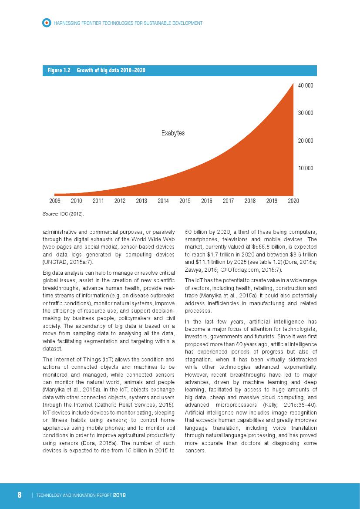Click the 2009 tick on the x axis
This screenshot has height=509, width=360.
(55, 201)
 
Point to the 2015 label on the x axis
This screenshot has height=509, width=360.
(185, 201)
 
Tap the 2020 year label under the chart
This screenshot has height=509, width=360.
(293, 201)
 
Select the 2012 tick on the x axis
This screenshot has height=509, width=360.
(120, 201)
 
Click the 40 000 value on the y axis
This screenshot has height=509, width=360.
(306, 86)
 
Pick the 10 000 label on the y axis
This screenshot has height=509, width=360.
(306, 168)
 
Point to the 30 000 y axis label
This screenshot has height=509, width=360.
(306, 113)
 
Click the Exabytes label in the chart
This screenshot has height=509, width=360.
(173, 133)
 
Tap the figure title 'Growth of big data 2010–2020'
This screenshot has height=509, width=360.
(111, 71)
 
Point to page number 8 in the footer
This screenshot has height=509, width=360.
(20, 495)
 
